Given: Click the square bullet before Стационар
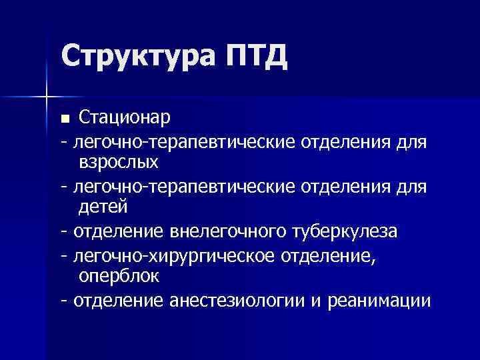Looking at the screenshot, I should (65, 119).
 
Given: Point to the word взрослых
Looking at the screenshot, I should (119, 162).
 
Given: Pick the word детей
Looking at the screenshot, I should (103, 208).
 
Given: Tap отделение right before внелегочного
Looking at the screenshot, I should (117, 231).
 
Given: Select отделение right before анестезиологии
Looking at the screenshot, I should (117, 301).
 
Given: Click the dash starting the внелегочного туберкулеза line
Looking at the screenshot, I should (63, 232).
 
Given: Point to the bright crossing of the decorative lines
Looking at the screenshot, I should (46, 97).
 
